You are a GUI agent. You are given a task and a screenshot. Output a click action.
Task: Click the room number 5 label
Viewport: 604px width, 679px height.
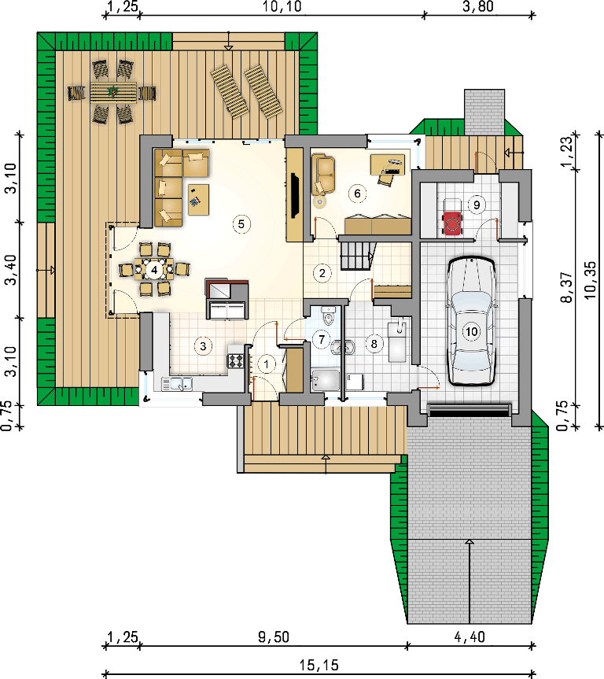(x=241, y=224)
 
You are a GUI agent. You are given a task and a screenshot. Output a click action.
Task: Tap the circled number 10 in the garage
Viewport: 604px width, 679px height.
(x=471, y=332)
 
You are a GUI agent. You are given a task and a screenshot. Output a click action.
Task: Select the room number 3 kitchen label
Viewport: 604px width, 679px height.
(x=203, y=345)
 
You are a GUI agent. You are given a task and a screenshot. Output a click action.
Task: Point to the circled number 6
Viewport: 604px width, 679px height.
(x=357, y=193)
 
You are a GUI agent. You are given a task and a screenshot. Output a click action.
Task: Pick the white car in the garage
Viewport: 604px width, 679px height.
(x=471, y=320)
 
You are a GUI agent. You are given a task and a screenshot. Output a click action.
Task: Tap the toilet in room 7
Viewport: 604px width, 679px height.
(x=329, y=316)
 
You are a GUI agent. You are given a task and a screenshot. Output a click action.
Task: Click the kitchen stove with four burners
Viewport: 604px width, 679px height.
(x=236, y=360)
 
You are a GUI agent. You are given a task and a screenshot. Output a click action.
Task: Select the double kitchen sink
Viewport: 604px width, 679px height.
(x=177, y=384)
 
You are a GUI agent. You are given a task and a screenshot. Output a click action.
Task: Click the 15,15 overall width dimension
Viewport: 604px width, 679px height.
(x=319, y=665)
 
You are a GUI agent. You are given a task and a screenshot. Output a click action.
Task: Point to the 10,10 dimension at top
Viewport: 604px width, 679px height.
(x=282, y=6)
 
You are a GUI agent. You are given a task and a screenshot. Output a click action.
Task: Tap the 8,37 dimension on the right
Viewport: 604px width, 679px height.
(x=566, y=287)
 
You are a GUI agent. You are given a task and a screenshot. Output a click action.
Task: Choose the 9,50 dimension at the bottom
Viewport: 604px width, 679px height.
(x=274, y=637)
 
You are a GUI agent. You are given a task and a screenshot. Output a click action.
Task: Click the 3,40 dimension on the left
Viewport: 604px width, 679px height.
(x=10, y=269)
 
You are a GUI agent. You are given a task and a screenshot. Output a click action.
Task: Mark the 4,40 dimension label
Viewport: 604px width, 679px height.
(x=470, y=637)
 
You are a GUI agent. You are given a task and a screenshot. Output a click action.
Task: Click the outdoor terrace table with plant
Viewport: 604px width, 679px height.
(x=113, y=92)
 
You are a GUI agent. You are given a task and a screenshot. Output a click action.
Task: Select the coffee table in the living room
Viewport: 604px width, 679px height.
(x=199, y=200)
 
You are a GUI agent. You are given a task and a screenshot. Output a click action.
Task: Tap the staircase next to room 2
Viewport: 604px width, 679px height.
(x=356, y=256)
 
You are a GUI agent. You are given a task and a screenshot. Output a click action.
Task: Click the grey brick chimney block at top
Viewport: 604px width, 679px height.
(x=484, y=112)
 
